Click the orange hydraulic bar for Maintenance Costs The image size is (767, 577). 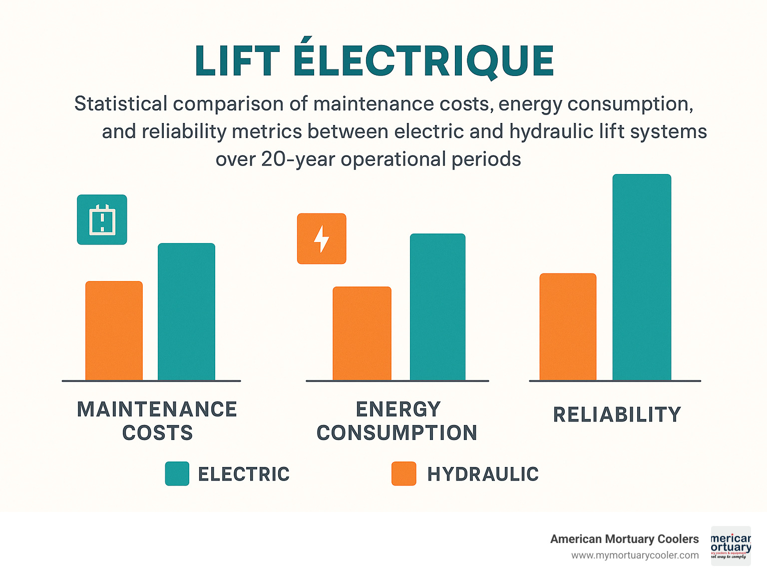tap(114, 330)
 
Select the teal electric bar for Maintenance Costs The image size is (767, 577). tap(186, 311)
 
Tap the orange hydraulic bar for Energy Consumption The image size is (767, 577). tap(362, 333)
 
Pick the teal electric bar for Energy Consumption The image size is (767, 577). tap(437, 306)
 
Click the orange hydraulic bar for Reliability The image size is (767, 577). tap(568, 326)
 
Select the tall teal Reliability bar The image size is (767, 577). tap(642, 277)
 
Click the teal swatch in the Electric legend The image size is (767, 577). tap(177, 473)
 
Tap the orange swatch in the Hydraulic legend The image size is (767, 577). tap(403, 473)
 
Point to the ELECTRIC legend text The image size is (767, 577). tap(244, 474)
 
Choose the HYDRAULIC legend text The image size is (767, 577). tap(483, 474)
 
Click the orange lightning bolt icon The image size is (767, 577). tap(322, 238)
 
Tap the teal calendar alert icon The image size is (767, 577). tap(102, 219)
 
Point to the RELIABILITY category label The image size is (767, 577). tap(617, 414)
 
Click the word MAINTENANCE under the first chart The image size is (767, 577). tap(157, 409)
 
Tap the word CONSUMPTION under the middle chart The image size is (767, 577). tap(397, 433)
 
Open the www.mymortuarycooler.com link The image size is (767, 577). tap(635, 555)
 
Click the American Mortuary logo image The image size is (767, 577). tap(731, 545)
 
